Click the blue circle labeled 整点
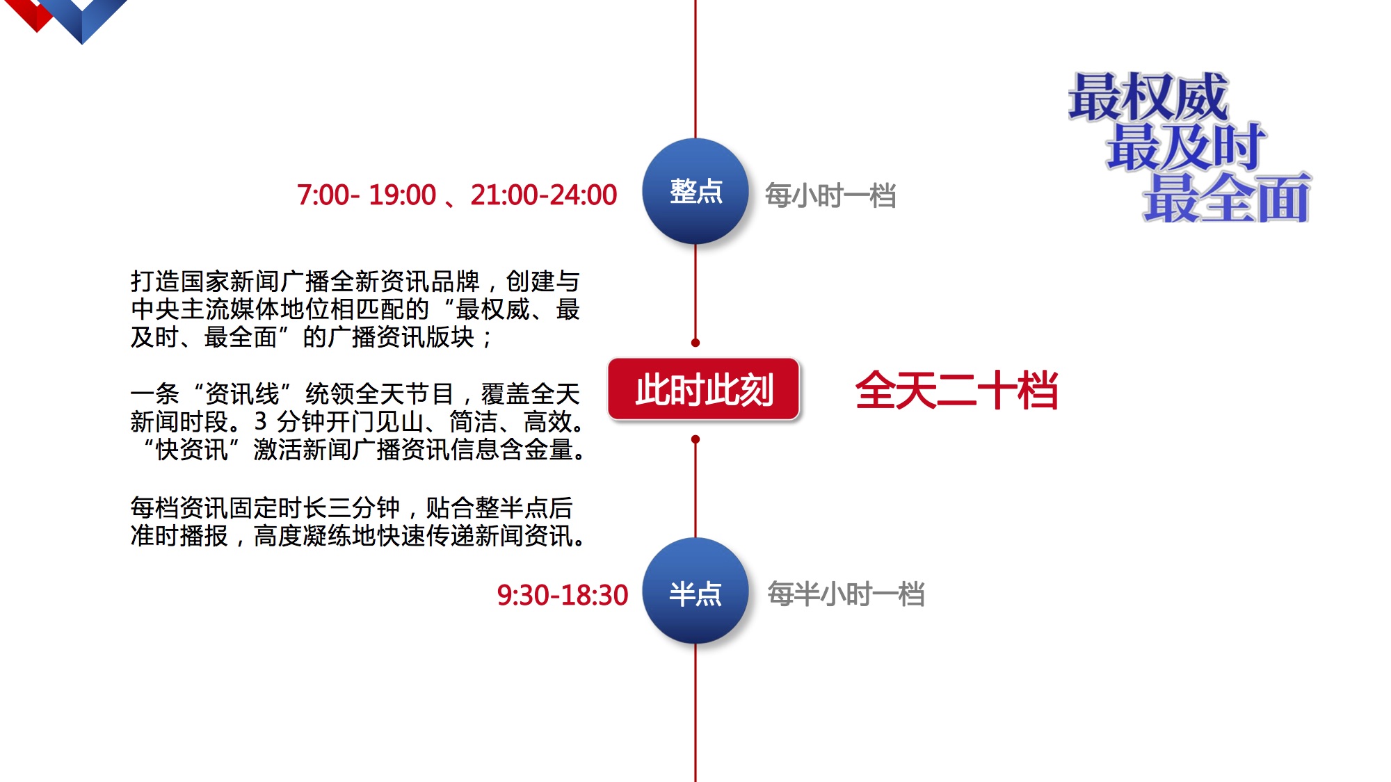pos(695,191)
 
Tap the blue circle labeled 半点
pos(695,591)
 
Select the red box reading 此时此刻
pos(704,389)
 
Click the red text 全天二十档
pos(956,390)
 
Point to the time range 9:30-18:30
pos(562,595)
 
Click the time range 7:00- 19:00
pos(367,195)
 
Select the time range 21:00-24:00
pos(544,195)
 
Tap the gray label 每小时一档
pos(830,195)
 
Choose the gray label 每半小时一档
pos(846,594)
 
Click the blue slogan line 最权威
pos(1148,97)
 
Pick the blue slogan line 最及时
pos(1187,147)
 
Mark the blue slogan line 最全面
pos(1227,198)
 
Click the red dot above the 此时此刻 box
pos(695,343)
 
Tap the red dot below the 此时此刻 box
pos(695,439)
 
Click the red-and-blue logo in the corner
pos(70,17)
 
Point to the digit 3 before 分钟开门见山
pos(260,421)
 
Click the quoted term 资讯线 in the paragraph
pos(241,394)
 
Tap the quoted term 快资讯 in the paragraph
pos(192,450)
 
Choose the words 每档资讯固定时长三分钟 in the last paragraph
pos(266,508)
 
